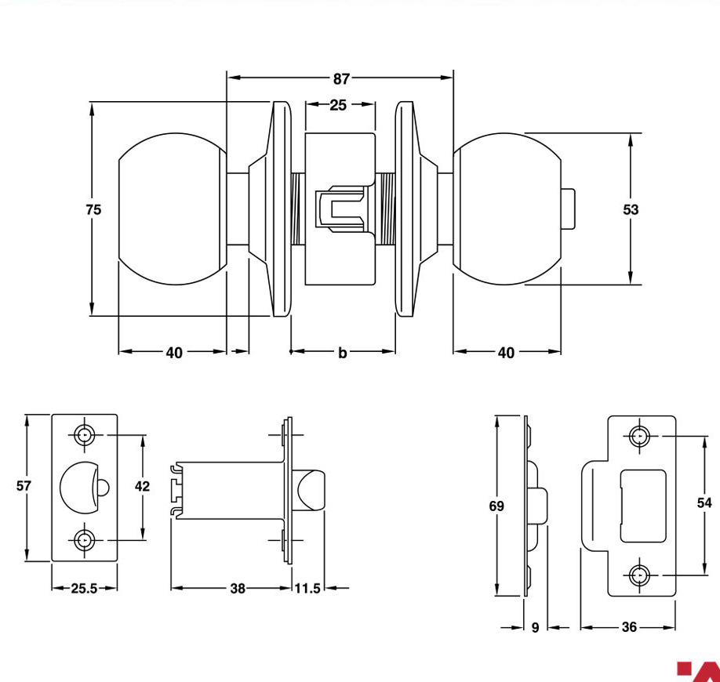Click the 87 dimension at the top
click(341, 79)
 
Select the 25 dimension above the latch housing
click(338, 105)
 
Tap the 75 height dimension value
click(93, 210)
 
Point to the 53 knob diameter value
click(631, 210)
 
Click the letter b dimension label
click(343, 353)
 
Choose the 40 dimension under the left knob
click(174, 353)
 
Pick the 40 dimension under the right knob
click(506, 353)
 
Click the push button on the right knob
click(568, 209)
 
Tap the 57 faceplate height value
click(24, 485)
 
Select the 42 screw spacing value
click(142, 486)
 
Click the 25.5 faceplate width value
click(84, 589)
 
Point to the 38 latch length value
click(238, 589)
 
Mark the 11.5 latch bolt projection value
click(307, 589)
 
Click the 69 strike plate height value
click(496, 506)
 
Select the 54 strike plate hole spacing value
click(704, 503)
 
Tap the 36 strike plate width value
click(629, 627)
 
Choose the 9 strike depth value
click(535, 627)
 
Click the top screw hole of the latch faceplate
click(84, 434)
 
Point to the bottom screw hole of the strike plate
click(639, 575)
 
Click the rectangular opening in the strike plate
click(643, 506)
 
